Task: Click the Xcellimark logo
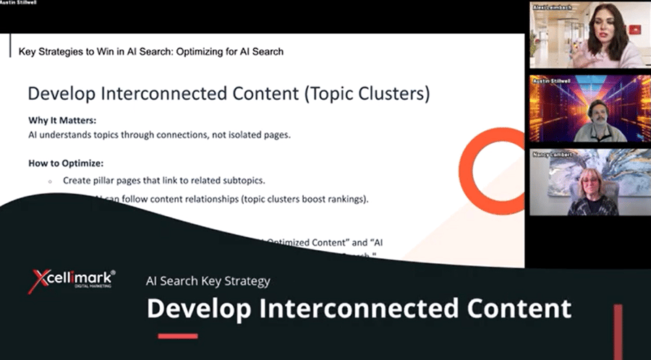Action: click(72, 280)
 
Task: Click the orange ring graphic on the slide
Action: click(491, 172)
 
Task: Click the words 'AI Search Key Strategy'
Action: click(208, 280)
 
